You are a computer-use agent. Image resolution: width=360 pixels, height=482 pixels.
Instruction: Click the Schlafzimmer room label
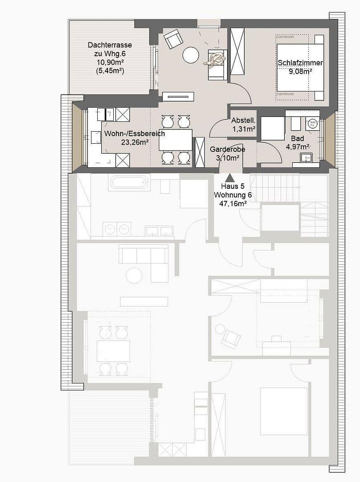300,63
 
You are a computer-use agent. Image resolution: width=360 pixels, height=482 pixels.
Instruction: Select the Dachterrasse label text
110,45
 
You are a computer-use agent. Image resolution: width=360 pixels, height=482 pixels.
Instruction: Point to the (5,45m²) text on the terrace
110,71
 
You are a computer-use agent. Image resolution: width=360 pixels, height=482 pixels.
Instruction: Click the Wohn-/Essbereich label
135,133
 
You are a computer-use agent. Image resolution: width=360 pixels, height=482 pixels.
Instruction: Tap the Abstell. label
243,120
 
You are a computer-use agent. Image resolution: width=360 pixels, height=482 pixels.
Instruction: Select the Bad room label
297,138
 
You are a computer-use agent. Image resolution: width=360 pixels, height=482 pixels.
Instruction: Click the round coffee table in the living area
190,55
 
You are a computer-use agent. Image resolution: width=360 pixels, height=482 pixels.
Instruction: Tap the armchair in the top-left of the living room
173,39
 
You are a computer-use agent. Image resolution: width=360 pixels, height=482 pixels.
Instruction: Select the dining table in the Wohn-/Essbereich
175,140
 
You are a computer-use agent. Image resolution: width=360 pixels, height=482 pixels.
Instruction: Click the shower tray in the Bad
272,129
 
